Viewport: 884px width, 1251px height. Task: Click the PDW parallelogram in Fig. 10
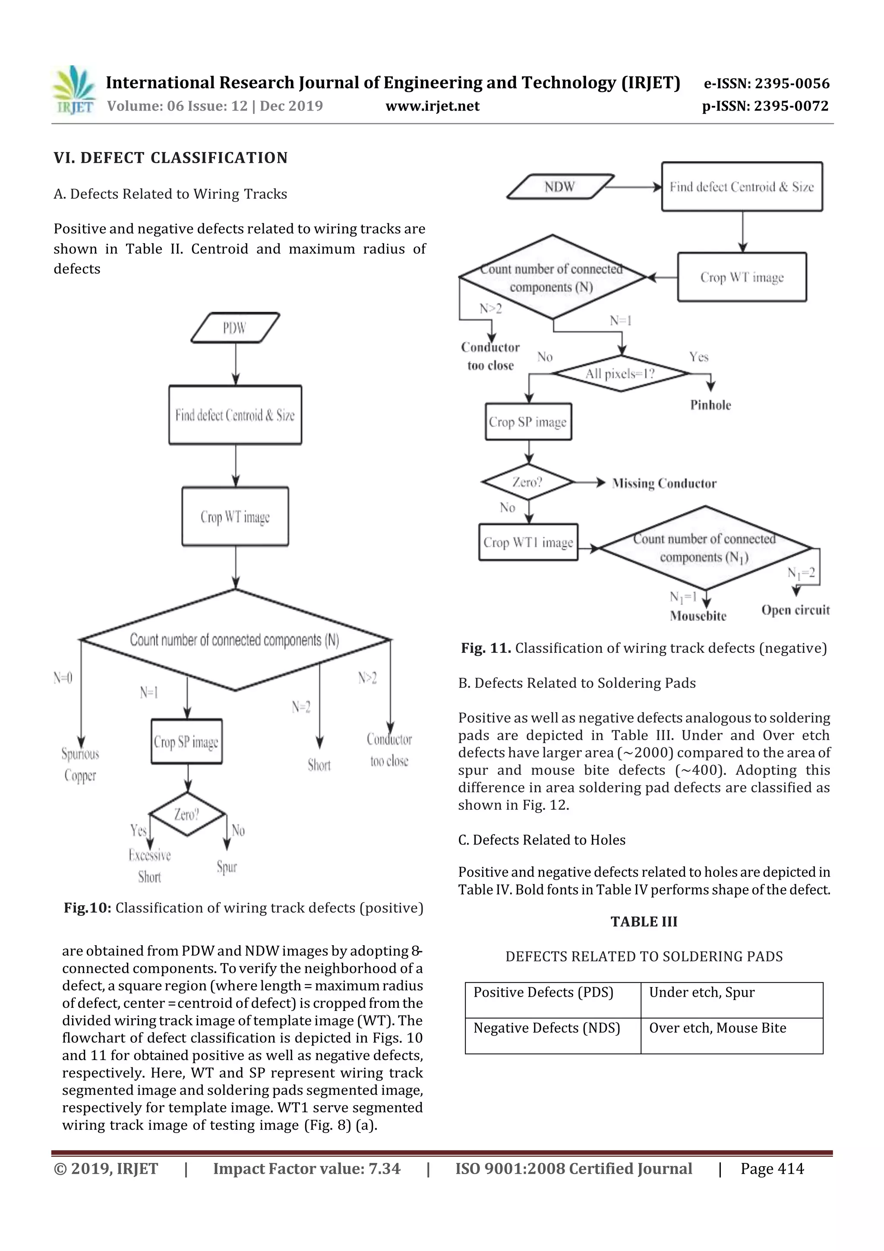(235, 327)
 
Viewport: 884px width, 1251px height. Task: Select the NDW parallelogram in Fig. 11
(560, 187)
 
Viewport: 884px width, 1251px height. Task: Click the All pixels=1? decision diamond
(620, 374)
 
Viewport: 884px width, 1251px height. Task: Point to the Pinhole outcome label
(710, 405)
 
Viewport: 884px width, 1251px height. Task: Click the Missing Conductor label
(664, 483)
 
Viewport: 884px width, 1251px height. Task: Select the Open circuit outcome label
(795, 610)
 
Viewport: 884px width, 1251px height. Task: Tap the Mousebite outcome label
(698, 616)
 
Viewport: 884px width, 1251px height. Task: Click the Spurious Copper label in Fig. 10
(80, 764)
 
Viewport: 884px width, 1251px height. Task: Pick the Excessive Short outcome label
(149, 866)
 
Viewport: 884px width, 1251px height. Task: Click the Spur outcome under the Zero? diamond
(227, 866)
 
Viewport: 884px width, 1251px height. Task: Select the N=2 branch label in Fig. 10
(301, 707)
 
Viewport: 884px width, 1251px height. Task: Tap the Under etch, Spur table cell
(731, 999)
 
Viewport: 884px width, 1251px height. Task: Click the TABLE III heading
(644, 922)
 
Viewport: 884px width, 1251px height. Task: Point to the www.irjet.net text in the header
(433, 106)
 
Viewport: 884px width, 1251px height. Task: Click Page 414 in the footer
(772, 1169)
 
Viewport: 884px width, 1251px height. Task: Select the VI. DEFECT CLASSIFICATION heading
(170, 158)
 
